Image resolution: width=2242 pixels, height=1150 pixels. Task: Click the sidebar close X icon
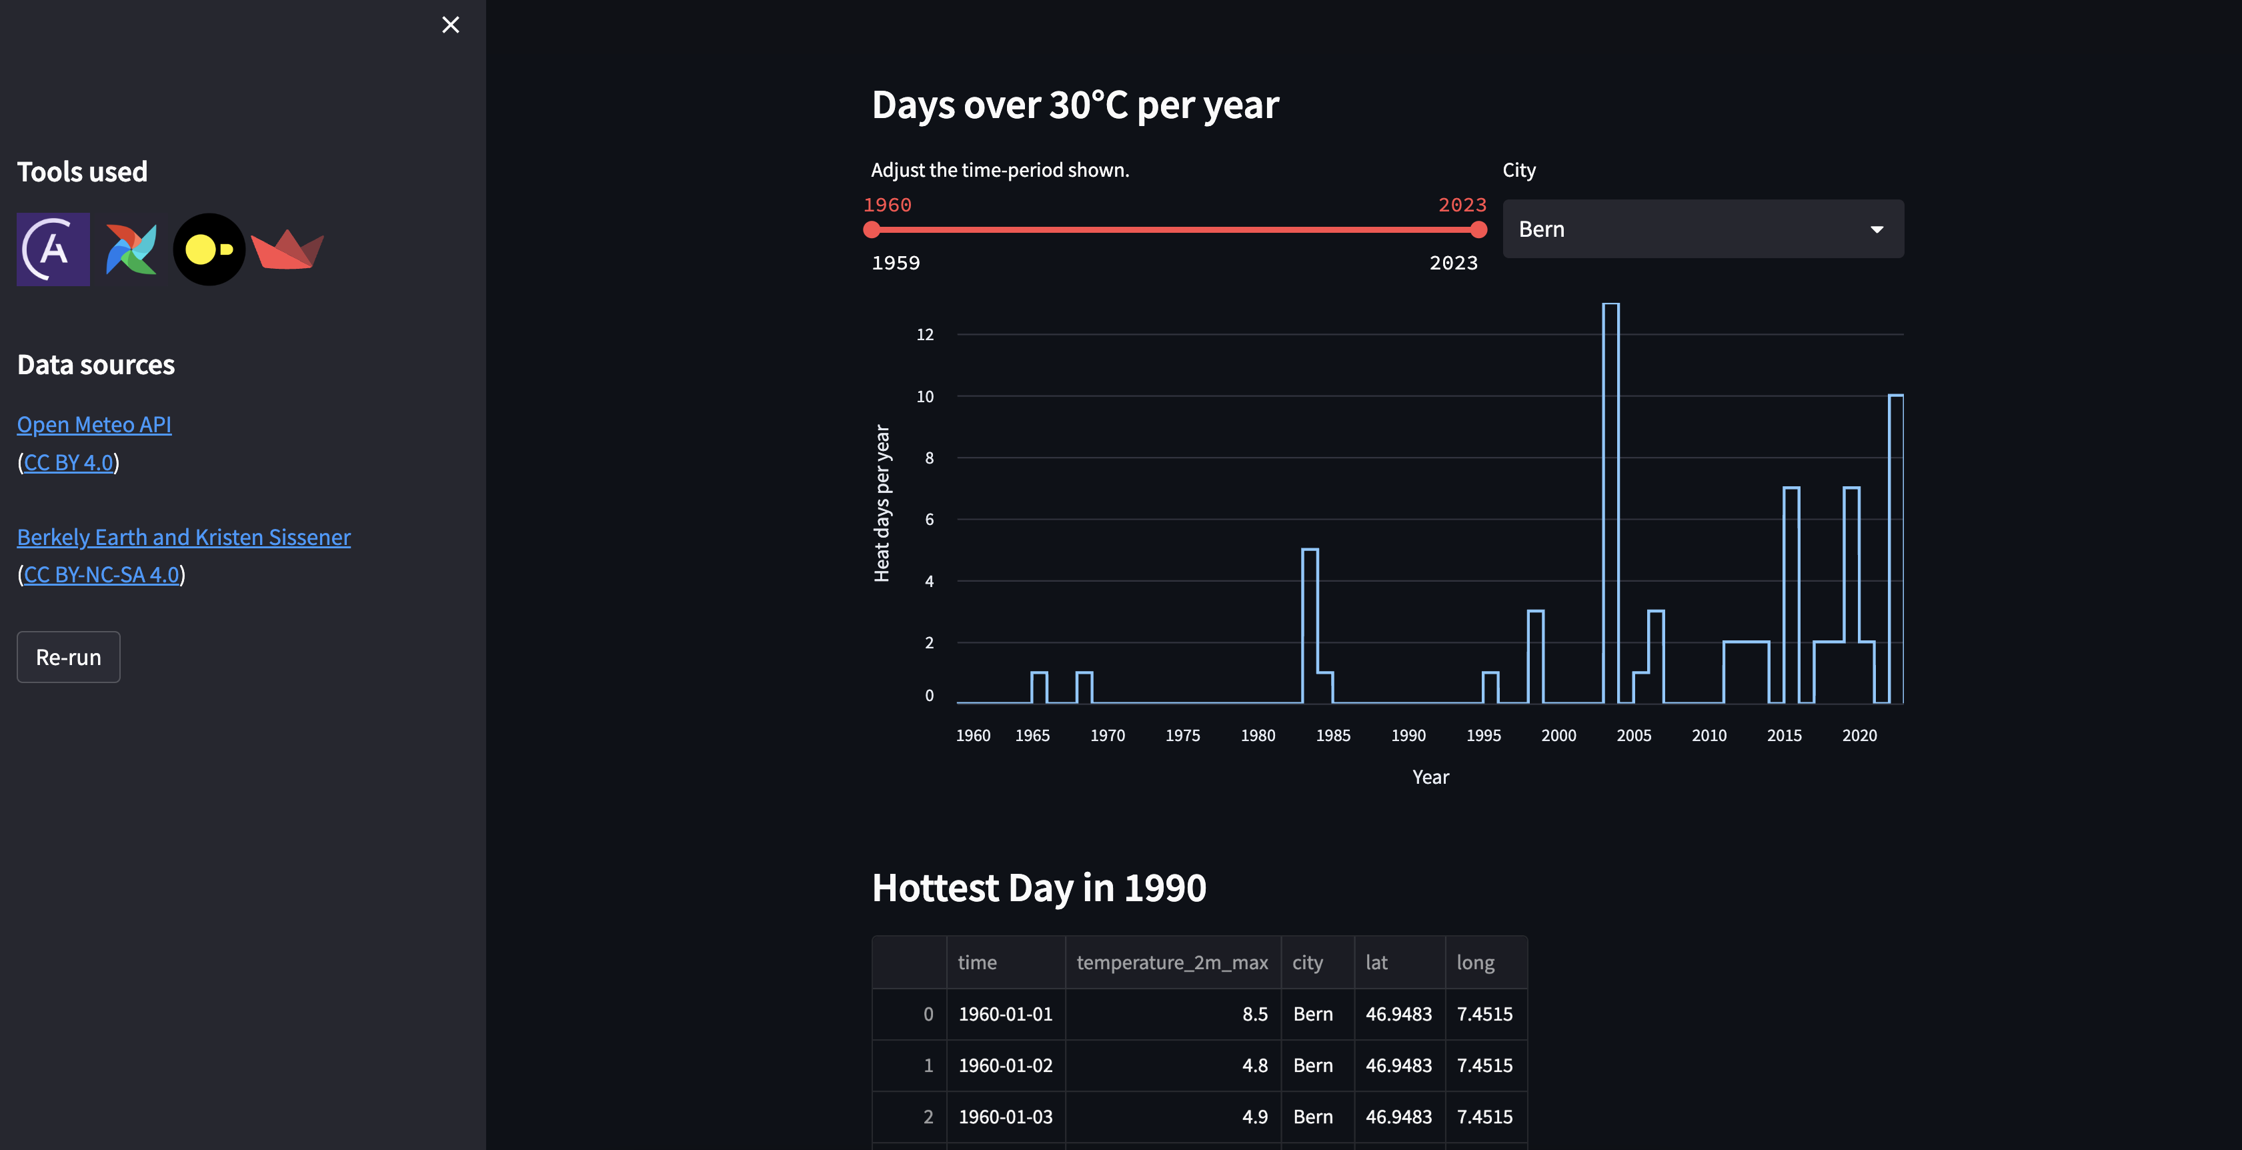450,25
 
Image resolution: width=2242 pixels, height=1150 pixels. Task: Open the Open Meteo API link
94,425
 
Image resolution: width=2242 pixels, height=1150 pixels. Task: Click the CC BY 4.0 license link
69,462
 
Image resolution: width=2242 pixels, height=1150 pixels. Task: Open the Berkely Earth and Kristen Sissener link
183,537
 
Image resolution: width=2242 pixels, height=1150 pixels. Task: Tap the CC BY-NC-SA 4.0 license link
101,574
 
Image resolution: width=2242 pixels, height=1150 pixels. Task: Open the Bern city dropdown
1703,229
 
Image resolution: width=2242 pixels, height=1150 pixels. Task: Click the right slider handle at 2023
1478,230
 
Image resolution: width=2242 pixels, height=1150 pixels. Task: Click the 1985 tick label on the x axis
1332,736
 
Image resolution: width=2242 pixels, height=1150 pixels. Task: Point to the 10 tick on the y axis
925,397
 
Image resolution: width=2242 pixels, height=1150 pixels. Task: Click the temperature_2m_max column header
1172,963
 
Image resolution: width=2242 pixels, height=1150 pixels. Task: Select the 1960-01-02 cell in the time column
1005,1065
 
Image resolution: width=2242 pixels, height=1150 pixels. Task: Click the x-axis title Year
1430,777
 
